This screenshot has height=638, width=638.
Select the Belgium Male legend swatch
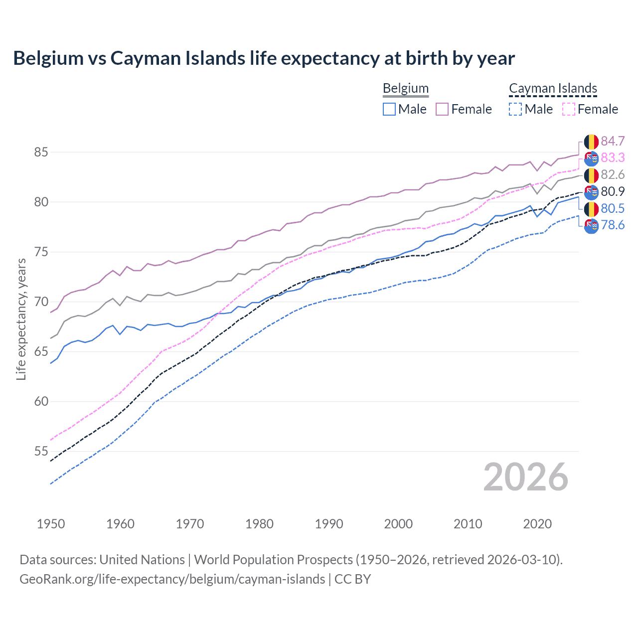point(389,109)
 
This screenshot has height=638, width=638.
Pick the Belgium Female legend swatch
point(442,109)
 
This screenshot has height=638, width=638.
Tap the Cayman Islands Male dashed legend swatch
point(515,109)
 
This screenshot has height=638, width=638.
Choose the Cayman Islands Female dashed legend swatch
point(569,109)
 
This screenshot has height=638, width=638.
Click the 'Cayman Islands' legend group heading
point(553,89)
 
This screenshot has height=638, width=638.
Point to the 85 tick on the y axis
point(41,152)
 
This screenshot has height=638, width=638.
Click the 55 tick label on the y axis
point(41,451)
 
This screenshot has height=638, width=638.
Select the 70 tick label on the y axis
point(41,302)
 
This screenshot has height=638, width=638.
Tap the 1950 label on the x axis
point(51,524)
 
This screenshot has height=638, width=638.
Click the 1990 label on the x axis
point(329,524)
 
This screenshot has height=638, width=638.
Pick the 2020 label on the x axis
point(537,524)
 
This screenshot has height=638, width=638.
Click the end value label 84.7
point(613,141)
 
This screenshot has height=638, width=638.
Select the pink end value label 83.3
point(613,158)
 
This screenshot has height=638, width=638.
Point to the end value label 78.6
point(613,225)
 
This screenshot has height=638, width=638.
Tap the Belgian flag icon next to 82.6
point(591,175)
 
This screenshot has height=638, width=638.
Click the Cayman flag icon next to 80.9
point(591,192)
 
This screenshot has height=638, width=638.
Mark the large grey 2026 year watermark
point(525,477)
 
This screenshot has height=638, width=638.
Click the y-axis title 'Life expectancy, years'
point(21,319)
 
